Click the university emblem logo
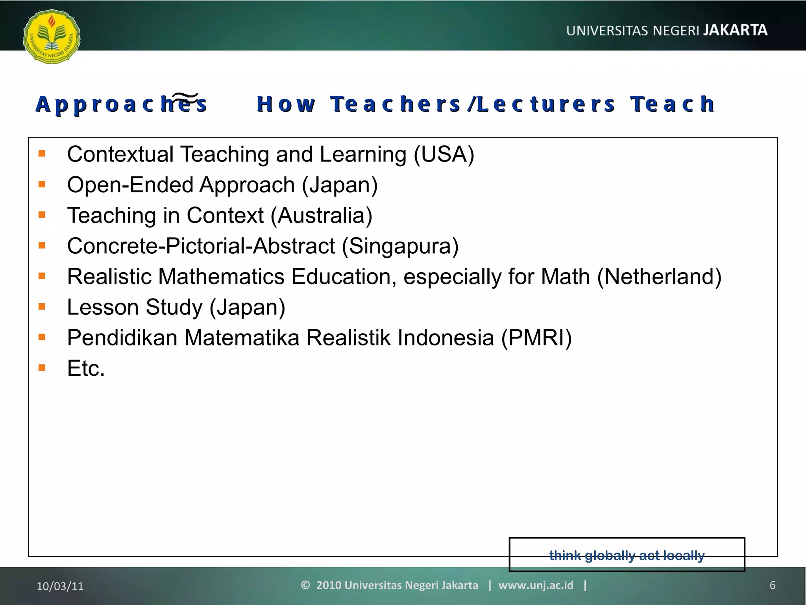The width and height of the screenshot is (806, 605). [52, 37]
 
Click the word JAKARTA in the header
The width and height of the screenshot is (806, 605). [735, 30]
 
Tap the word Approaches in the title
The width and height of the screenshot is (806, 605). [121, 104]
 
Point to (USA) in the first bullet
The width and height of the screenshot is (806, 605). [444, 154]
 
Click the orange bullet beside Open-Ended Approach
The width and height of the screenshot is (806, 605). [42, 184]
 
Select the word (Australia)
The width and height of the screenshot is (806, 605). [321, 215]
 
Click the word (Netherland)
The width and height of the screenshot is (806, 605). [659, 277]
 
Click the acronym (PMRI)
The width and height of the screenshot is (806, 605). [536, 338]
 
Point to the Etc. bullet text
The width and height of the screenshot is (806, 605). [86, 369]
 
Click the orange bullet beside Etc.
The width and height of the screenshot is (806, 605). [42, 368]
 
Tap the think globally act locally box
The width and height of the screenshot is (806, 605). [627, 555]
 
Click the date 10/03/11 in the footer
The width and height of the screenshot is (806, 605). [60, 586]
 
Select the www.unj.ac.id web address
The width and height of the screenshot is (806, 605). [536, 585]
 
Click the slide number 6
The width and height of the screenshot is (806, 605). [772, 585]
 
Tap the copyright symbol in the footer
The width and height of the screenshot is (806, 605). [305, 585]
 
